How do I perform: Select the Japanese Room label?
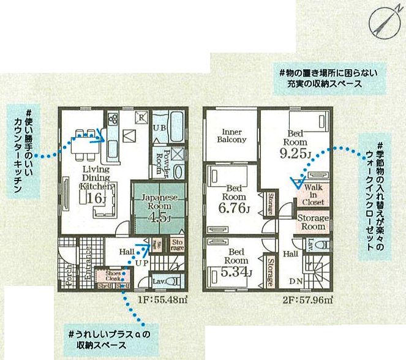pyautogui.click(x=160, y=203)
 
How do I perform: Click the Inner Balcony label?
pyautogui.click(x=232, y=135)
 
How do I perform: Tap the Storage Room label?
pyautogui.click(x=314, y=222)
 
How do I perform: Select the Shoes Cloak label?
pyautogui.click(x=113, y=276)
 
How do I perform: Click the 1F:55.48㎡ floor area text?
pyautogui.click(x=159, y=300)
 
